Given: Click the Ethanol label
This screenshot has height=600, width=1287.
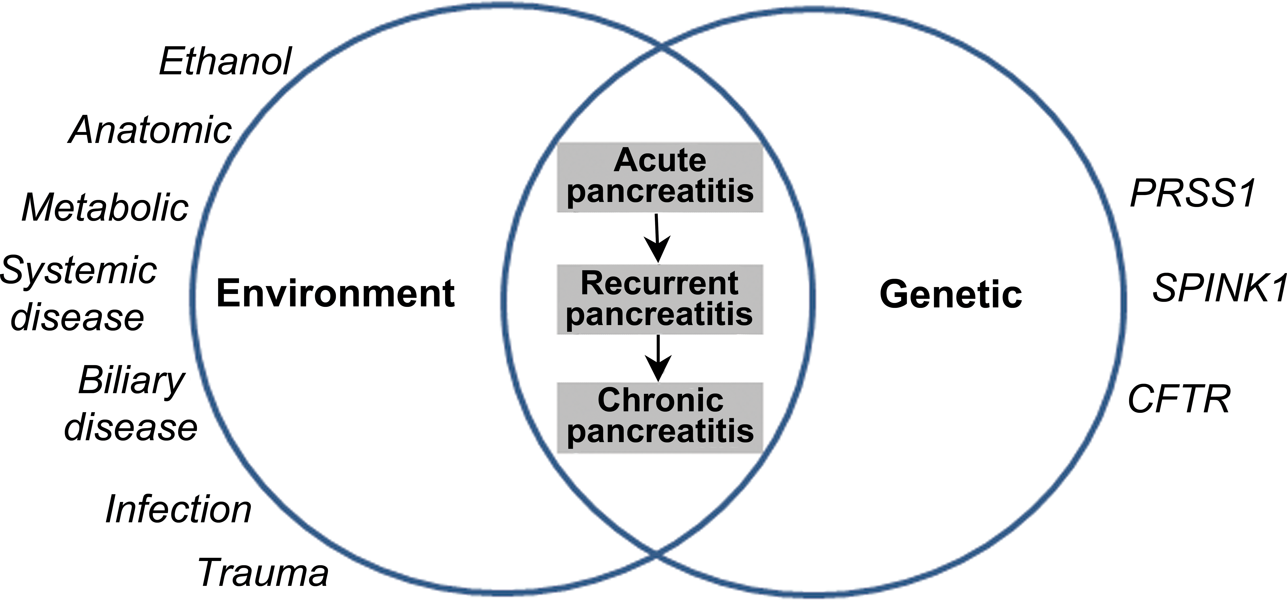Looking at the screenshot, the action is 225,62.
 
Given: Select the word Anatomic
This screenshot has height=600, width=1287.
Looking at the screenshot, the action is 150,130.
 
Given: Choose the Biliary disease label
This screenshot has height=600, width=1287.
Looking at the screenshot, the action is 131,404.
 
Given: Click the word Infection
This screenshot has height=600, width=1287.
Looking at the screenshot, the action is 178,510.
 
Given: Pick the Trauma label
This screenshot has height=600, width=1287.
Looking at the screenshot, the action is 263,573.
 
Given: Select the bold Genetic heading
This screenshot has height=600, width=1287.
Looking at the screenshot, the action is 951,294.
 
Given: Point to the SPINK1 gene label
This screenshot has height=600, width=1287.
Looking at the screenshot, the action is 1219,288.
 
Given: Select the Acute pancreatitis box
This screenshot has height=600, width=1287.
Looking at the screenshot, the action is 660,177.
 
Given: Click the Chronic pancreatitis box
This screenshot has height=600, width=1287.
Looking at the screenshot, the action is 660,418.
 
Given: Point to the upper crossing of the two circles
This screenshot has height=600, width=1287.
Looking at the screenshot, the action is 662,48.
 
